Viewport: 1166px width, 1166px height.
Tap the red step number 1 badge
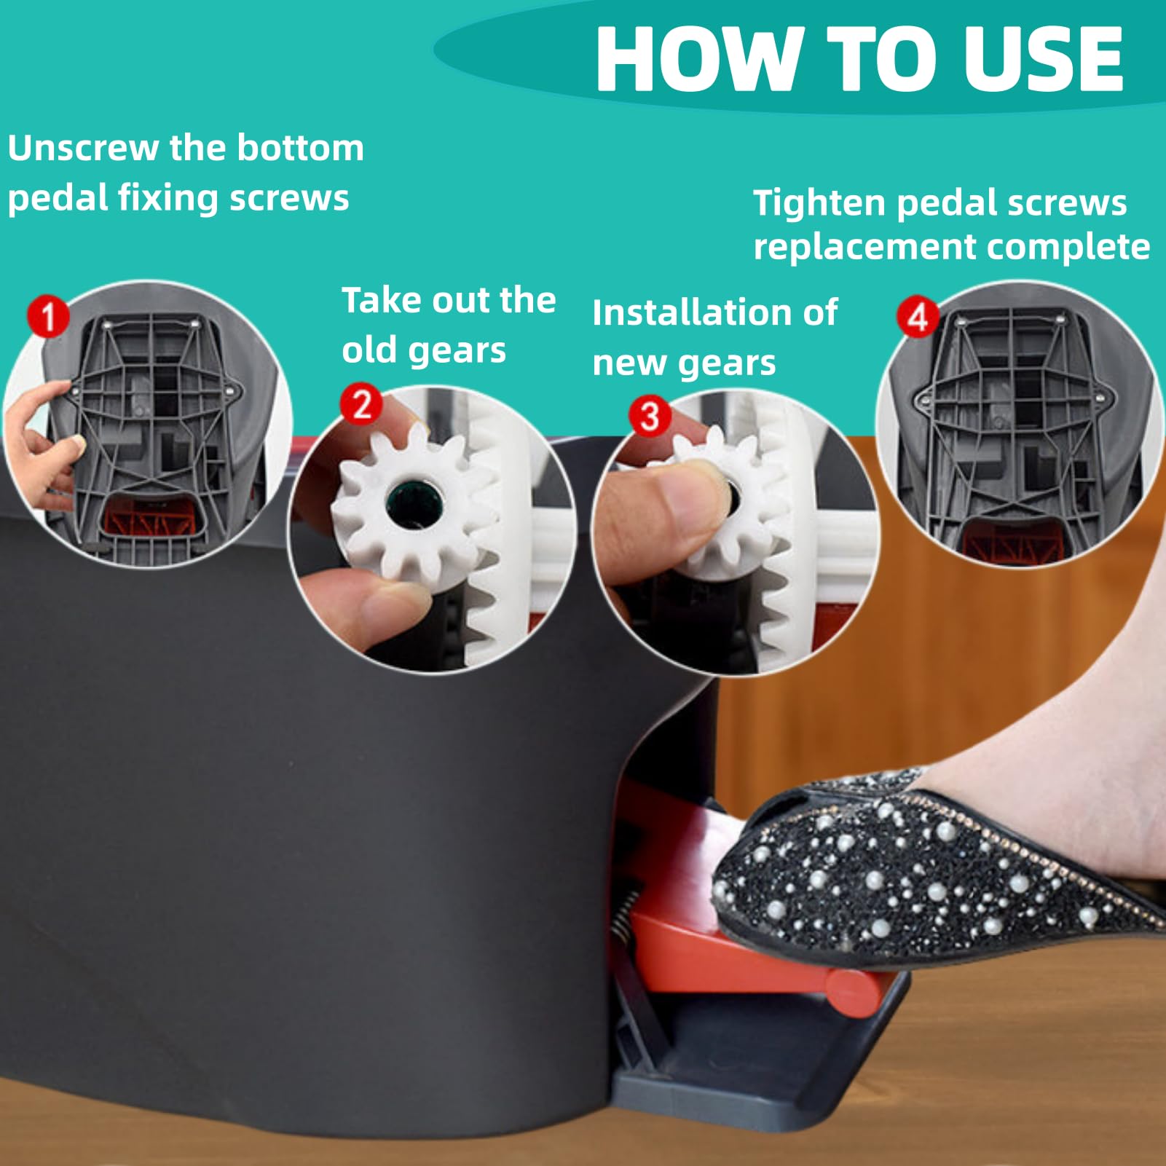(x=48, y=316)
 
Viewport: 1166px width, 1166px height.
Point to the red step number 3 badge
(x=650, y=416)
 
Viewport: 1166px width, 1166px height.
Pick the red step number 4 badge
(x=917, y=317)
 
